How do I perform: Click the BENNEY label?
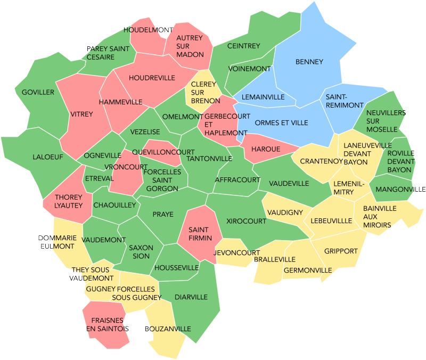pos(309,62)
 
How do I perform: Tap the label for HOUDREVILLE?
pos(152,78)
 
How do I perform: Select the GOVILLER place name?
pos(38,92)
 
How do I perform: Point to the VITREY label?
pos(81,114)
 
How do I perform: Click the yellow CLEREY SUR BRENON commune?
pos(203,93)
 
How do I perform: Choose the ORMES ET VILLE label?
pos(281,123)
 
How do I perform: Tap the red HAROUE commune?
pos(265,150)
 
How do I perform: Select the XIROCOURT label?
pos(246,220)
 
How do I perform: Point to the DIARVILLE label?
pos(191,297)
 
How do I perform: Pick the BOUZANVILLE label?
pos(167,329)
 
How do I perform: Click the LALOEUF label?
pos(48,157)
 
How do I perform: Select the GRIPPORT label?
pos(341,251)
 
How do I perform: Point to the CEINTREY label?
pos(243,46)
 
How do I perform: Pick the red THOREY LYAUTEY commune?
pos(68,201)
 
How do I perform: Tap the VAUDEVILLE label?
pos(289,183)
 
